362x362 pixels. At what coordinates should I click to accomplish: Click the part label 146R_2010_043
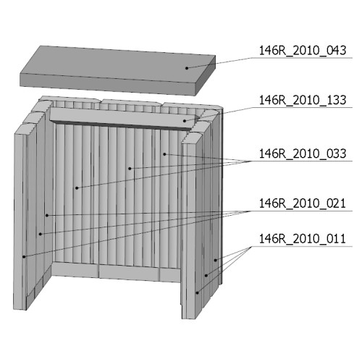coord(303,51)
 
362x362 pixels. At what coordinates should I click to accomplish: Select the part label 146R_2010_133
coord(303,100)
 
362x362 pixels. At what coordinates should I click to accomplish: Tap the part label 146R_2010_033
coord(303,153)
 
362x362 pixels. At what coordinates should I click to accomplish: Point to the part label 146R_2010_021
coord(303,203)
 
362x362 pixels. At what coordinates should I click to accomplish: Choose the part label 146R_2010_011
coord(303,239)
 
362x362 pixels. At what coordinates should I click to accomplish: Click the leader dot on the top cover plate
coord(187,68)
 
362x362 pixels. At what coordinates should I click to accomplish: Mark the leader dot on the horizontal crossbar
coord(185,121)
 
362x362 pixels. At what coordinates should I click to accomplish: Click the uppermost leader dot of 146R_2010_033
coord(164,154)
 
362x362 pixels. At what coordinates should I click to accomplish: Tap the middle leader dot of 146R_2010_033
coord(130,168)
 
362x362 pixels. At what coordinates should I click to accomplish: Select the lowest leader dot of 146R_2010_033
coord(77,188)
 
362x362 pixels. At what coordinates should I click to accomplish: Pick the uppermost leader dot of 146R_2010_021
coord(47,215)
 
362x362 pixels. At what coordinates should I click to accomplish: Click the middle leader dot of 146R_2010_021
coord(41,234)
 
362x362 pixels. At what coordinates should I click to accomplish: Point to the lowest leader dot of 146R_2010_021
coord(24,256)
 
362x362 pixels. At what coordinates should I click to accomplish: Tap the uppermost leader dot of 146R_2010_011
coord(216,260)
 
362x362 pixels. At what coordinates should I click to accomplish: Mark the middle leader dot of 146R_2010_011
coord(206,275)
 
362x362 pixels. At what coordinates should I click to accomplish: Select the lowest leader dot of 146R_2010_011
coord(197,292)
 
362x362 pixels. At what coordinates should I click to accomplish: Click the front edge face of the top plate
coord(107,84)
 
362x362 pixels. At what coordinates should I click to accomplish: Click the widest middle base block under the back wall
coord(129,272)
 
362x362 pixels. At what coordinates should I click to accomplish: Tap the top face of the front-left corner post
coord(24,128)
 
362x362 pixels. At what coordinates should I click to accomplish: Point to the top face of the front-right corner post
coord(193,139)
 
